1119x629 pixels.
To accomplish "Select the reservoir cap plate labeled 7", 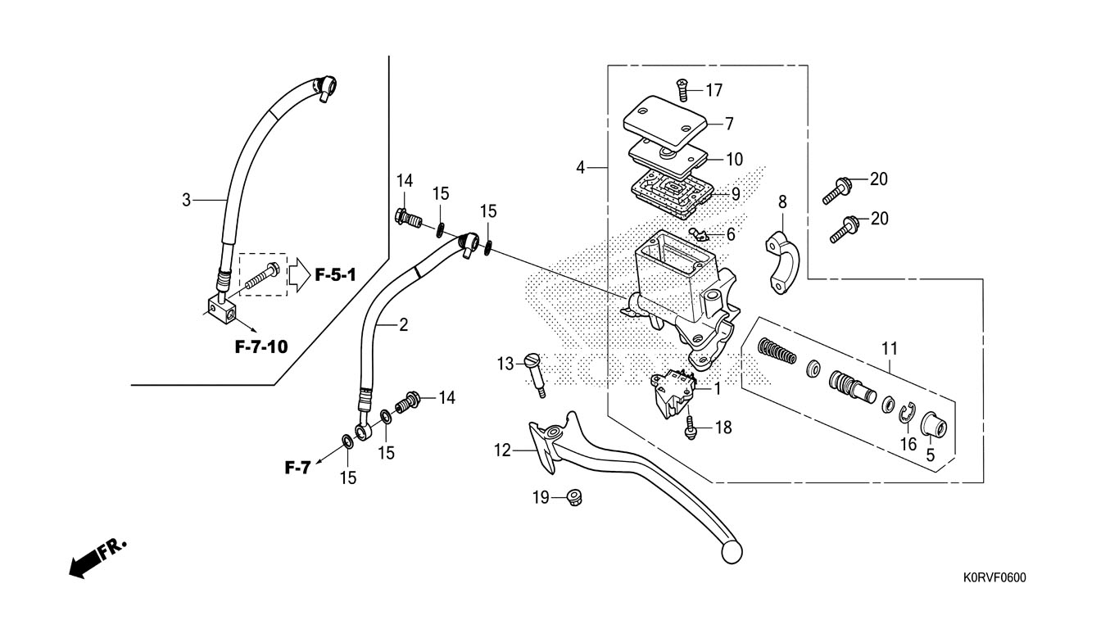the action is point(664,124).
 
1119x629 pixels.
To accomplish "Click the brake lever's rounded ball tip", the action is point(732,553).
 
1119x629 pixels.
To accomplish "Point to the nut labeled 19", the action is point(573,498).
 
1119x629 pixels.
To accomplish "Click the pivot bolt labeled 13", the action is point(535,375).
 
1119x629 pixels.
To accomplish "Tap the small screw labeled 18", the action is point(690,428).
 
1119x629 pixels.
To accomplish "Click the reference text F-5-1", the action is point(335,274).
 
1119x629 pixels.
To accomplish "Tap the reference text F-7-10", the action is point(261,346).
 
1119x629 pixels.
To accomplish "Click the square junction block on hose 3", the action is point(221,310).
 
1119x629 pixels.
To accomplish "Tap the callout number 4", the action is point(580,167).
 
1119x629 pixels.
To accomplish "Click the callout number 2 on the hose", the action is point(403,325).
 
